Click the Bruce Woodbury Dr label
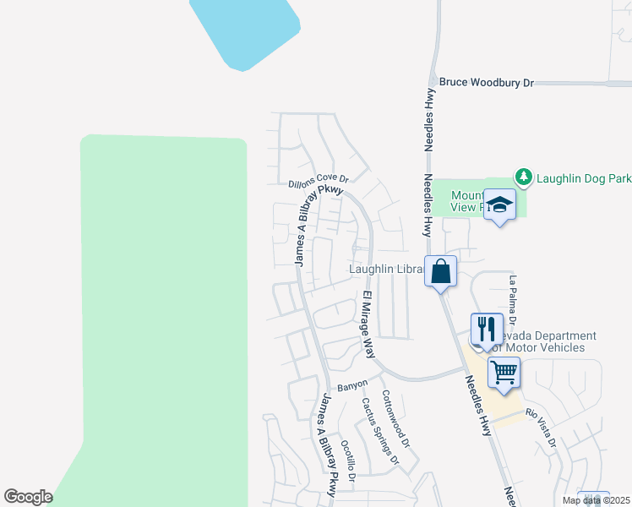[x=487, y=83]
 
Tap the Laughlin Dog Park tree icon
[x=524, y=177]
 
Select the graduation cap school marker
[x=499, y=205]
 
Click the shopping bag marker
[x=440, y=272]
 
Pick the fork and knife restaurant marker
[x=487, y=328]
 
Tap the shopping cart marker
[x=504, y=372]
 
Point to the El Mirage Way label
[x=368, y=324]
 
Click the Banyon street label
[x=352, y=385]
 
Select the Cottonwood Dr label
[x=395, y=419]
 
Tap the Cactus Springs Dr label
[x=379, y=431]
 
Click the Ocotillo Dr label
[x=348, y=460]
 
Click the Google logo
[x=28, y=497]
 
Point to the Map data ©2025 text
[x=596, y=500]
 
